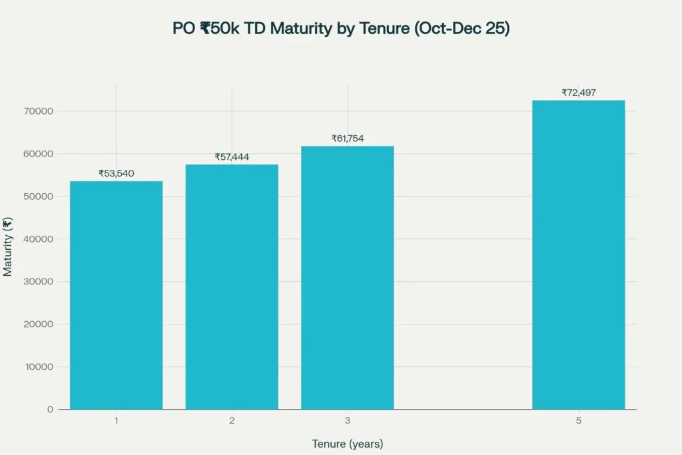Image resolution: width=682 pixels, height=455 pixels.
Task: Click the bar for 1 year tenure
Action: click(x=116, y=295)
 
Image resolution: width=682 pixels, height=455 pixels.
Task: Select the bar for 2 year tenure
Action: click(x=232, y=286)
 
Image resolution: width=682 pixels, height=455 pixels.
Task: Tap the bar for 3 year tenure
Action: click(x=347, y=278)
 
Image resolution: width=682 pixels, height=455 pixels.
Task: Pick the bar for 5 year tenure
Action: click(x=578, y=254)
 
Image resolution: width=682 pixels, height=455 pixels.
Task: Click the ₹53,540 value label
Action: click(x=116, y=173)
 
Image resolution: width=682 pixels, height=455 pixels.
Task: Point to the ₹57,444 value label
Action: click(x=232, y=157)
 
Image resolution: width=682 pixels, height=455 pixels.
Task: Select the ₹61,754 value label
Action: click(x=347, y=139)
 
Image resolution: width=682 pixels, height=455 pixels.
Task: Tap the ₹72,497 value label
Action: click(x=578, y=93)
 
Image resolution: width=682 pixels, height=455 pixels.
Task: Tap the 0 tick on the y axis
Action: click(x=51, y=410)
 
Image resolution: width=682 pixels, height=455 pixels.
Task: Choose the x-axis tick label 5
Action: click(x=578, y=421)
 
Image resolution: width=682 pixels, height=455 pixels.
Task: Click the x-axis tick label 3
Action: click(x=347, y=421)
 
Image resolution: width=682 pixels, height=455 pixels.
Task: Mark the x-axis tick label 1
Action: click(x=116, y=421)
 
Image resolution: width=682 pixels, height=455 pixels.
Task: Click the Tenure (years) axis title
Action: click(x=347, y=444)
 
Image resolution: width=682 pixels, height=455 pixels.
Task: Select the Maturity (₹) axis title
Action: click(x=8, y=246)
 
